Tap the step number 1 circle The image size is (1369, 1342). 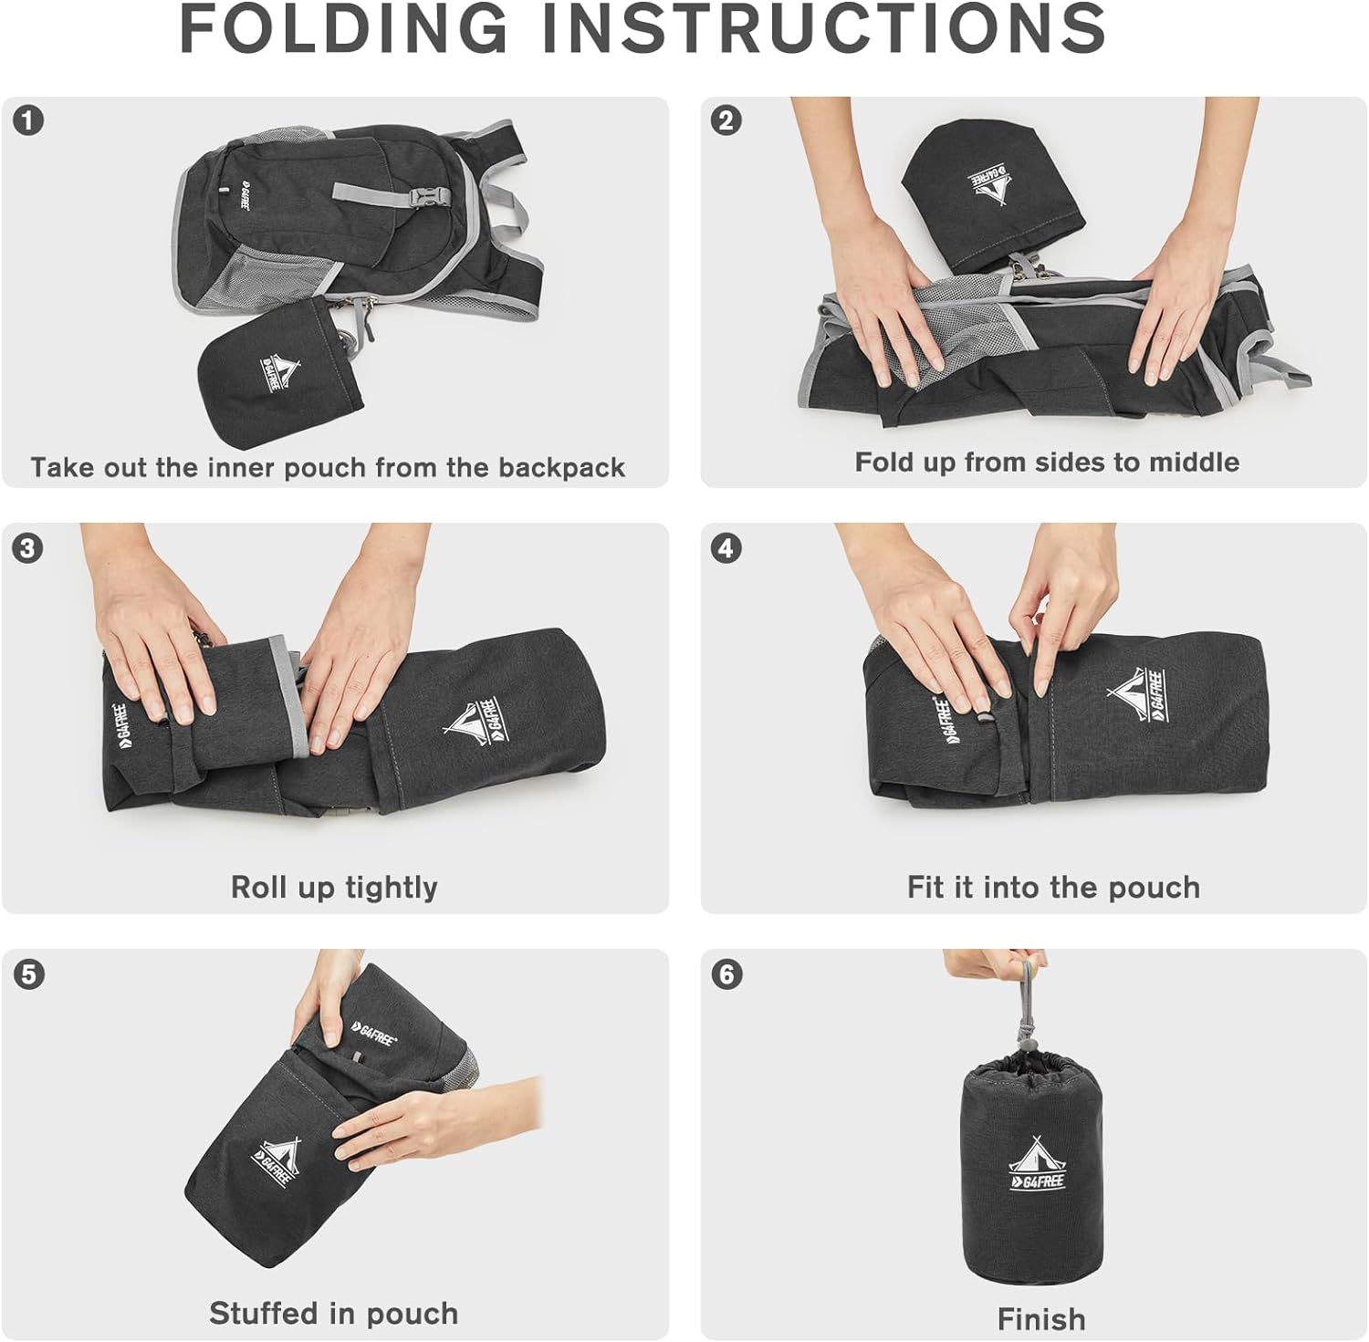coord(29,120)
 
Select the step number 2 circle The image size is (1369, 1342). coord(726,120)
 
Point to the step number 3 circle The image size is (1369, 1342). coord(29,547)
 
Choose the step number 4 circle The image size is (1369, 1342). coord(726,547)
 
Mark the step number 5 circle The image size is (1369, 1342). coord(29,974)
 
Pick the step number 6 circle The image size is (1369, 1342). coord(726,974)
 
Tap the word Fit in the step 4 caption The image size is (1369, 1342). coord(925,887)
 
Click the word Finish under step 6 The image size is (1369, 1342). coord(1041,1319)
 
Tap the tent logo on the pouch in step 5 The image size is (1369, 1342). coord(277,1162)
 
